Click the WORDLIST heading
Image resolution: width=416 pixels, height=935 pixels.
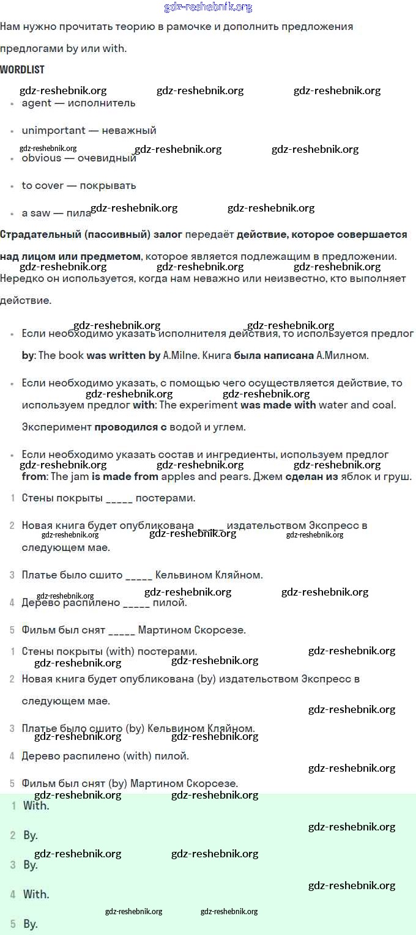[x=22, y=70]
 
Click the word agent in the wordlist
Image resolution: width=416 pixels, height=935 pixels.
[x=37, y=103]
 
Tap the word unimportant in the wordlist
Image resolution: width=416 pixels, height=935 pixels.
[x=53, y=130]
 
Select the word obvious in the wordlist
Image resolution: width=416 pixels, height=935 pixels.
[x=42, y=158]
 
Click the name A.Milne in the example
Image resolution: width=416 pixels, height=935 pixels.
[x=181, y=355]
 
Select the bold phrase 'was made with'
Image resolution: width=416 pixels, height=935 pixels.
[x=278, y=405]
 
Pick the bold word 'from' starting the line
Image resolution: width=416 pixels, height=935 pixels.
[x=34, y=476]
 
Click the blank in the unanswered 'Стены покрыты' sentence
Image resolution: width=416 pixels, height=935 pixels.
[x=119, y=498]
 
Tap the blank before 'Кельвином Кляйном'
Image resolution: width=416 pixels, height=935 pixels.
[x=139, y=575]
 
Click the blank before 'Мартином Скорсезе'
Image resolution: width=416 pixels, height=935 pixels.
[x=121, y=630]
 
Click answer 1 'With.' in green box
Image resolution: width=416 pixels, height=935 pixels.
[x=36, y=806]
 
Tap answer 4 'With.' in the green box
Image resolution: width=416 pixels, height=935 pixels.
[x=36, y=895]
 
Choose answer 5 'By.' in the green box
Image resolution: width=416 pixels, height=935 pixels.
[x=31, y=924]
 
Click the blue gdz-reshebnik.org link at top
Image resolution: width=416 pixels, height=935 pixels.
[x=208, y=7]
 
